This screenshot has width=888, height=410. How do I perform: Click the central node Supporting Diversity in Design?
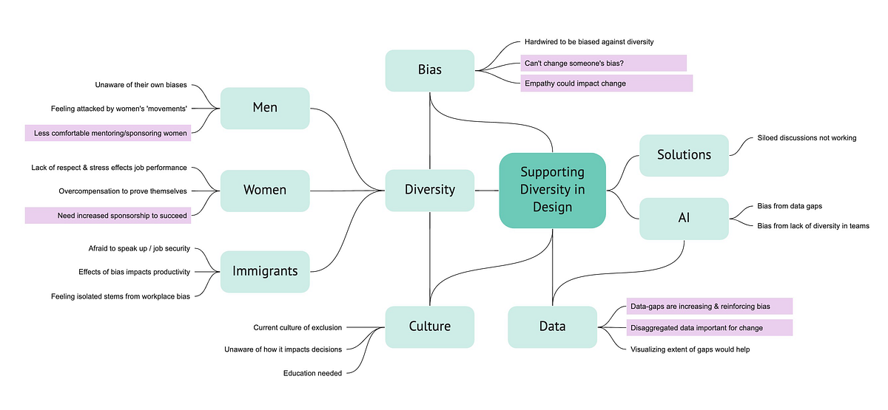tap(552, 190)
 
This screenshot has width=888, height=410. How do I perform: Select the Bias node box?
tap(429, 70)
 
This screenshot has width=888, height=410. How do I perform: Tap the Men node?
tap(265, 108)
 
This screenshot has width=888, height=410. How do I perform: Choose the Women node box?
tap(265, 190)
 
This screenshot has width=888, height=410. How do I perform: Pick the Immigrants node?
tap(265, 271)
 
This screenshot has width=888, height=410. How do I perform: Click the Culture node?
tap(429, 327)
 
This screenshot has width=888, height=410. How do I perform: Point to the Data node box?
tap(552, 327)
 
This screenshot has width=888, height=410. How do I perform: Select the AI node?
tap(684, 218)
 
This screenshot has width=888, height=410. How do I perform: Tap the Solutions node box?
tap(684, 155)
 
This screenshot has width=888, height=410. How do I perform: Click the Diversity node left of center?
tap(429, 190)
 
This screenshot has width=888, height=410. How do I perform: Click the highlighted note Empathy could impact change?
tap(606, 83)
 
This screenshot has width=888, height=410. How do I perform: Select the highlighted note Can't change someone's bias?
tap(603, 63)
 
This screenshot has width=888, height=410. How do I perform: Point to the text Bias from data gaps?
tap(790, 206)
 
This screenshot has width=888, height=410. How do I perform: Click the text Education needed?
tap(312, 373)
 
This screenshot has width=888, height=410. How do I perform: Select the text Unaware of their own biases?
tap(141, 85)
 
